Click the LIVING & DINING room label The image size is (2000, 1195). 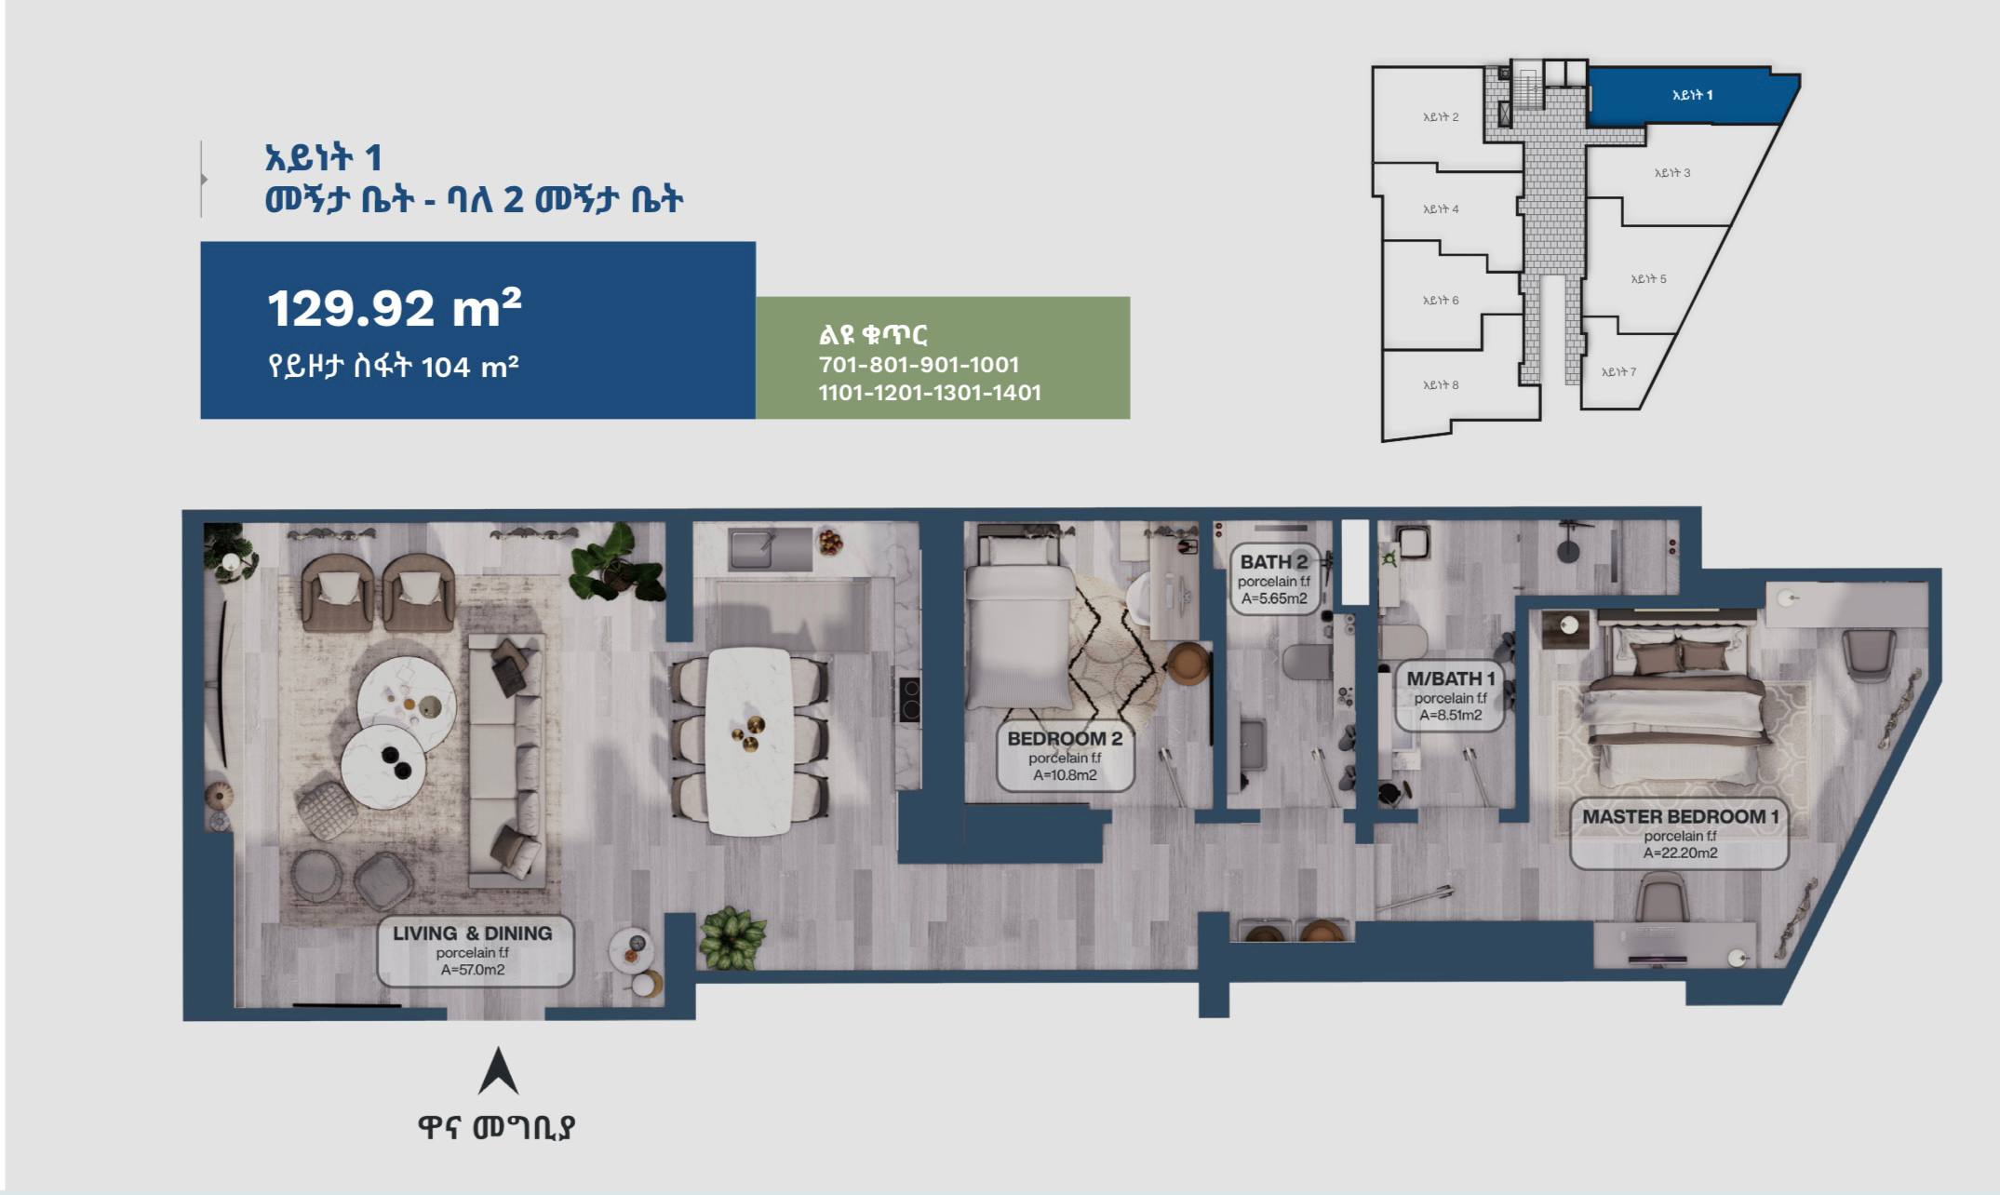click(x=475, y=950)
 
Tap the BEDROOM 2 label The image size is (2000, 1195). click(x=1065, y=755)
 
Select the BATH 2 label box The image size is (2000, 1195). click(x=1274, y=578)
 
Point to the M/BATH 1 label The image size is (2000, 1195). click(x=1450, y=696)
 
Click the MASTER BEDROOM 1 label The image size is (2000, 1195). click(x=1680, y=833)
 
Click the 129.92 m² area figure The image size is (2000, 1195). click(x=395, y=308)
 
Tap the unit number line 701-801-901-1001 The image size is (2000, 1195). click(x=919, y=365)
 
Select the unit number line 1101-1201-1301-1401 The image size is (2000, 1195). click(x=930, y=393)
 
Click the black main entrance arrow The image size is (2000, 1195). click(x=498, y=1071)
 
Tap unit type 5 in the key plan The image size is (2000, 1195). click(x=1648, y=278)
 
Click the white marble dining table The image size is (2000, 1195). click(x=749, y=741)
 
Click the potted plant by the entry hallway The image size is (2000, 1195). click(x=732, y=937)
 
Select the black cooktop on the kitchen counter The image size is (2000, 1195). click(x=909, y=700)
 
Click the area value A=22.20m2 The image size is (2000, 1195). click(x=1680, y=853)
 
